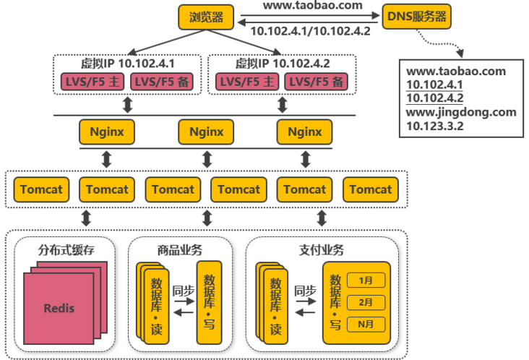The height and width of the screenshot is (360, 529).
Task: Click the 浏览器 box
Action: pos(206,17)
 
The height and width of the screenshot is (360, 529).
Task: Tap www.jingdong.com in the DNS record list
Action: pos(461,112)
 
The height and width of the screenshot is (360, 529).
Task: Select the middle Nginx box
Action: pos(206,132)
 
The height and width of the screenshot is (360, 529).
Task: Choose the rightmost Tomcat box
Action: pos(371,190)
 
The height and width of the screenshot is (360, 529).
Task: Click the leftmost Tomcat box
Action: pos(41,190)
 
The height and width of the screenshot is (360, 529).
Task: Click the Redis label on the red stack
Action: pos(59,308)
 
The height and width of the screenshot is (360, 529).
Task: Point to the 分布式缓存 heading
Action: pos(66,251)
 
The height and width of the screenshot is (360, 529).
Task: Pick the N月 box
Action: pos(366,325)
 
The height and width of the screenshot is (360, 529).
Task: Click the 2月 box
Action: pos(366,302)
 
